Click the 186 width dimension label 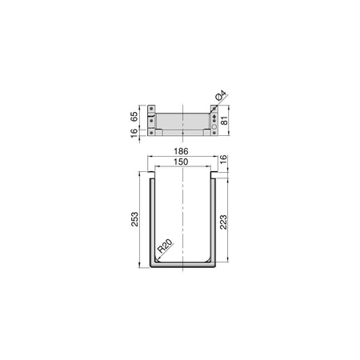pos(181,151)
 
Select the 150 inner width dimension pos(181,162)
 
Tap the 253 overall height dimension pos(134,219)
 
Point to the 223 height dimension pos(223,222)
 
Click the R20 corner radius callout pos(166,246)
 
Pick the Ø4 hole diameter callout pos(221,96)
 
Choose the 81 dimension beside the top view pos(225,121)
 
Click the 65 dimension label pos(134,117)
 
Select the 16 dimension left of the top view pos(134,133)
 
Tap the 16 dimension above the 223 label pos(223,159)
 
